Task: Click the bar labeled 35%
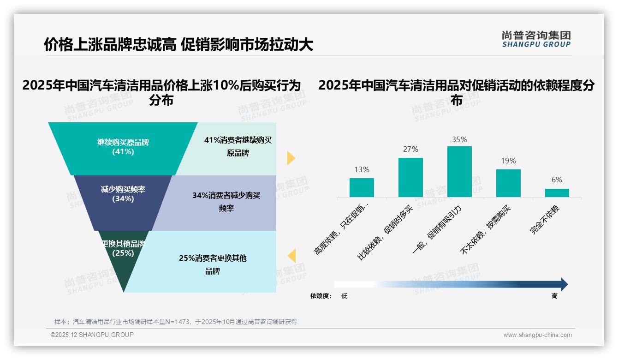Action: click(x=459, y=172)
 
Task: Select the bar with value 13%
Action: click(x=362, y=187)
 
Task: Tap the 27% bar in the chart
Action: click(x=410, y=177)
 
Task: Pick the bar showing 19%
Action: click(x=508, y=183)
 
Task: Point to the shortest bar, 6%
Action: click(x=557, y=193)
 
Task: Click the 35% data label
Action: click(x=459, y=139)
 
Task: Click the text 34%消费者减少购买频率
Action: click(x=226, y=202)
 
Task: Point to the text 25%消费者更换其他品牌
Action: click(x=213, y=264)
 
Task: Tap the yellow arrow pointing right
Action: click(x=291, y=158)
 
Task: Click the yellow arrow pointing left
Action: click(x=291, y=256)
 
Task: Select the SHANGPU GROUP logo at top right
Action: click(x=536, y=39)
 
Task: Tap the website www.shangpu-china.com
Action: click(x=537, y=335)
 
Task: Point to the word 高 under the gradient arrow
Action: click(x=554, y=296)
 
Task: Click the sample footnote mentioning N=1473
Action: click(x=176, y=322)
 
